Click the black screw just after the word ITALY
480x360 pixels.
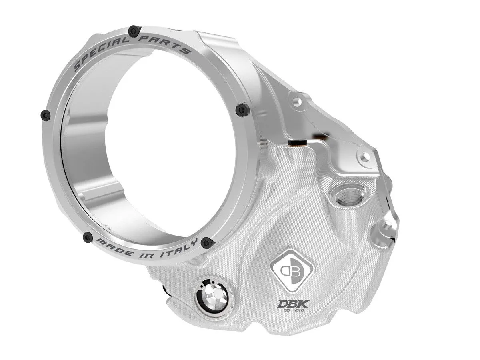coord(206,242)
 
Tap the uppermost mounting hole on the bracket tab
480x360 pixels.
coord(296,103)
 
